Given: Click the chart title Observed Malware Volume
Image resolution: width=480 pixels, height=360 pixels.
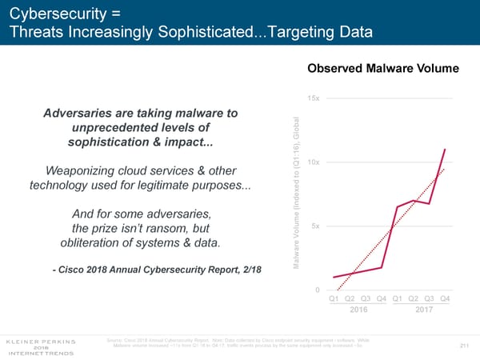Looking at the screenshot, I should coord(382,69).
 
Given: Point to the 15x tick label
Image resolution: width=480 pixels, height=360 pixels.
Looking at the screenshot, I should coord(314,98).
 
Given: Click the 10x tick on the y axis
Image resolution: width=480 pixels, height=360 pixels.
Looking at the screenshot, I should coord(314,162).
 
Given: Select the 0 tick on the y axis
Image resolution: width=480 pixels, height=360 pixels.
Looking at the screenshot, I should coord(318,289).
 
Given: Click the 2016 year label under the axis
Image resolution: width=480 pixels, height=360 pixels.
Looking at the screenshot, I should coord(359,310).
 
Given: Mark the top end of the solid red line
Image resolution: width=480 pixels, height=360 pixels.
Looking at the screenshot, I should coord(444,150).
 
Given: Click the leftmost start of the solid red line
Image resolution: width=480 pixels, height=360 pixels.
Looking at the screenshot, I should coord(334,277).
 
